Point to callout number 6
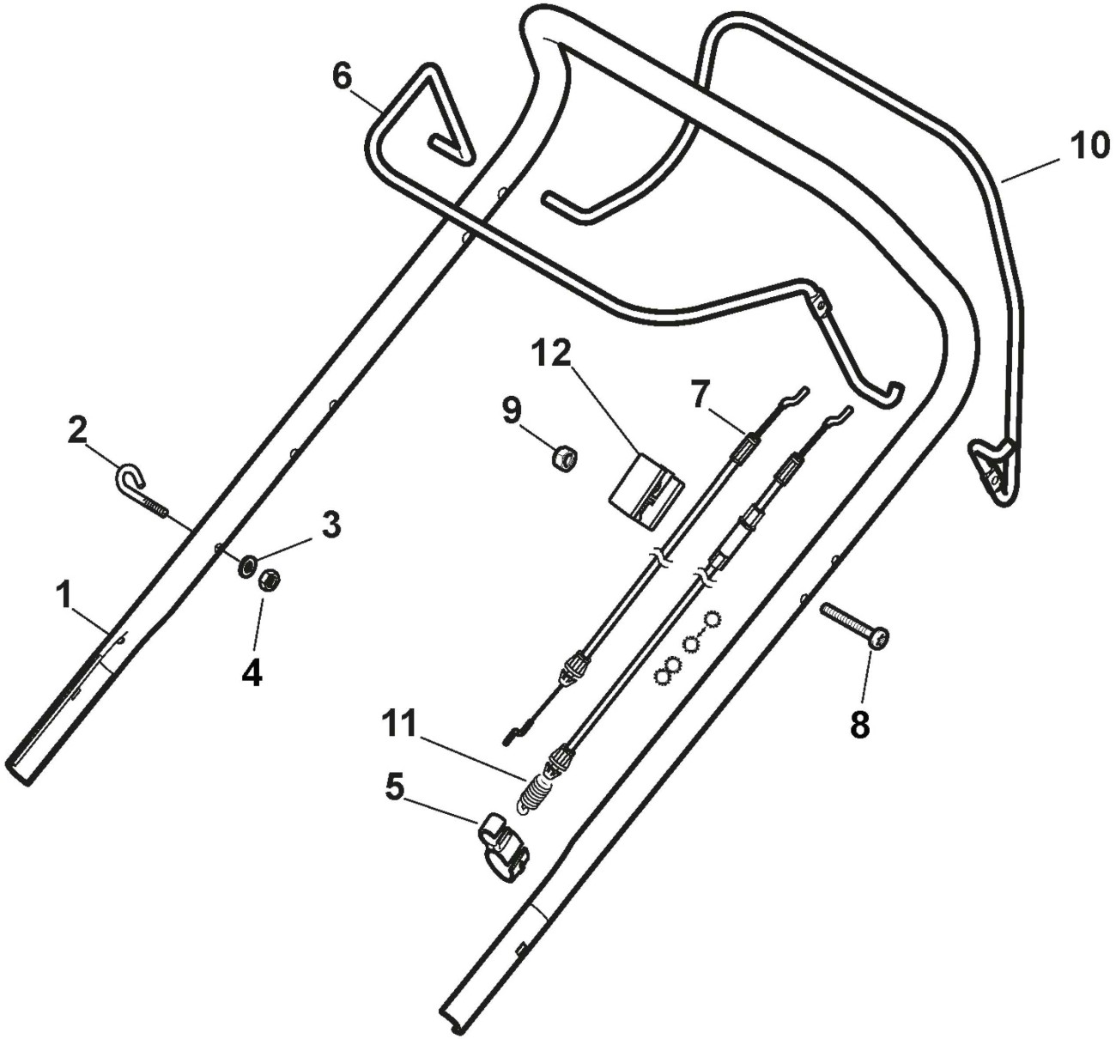coord(342,76)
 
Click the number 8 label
coord(859,726)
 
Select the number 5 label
coord(394,787)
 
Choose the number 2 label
coord(77,429)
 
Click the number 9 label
coord(511,410)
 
